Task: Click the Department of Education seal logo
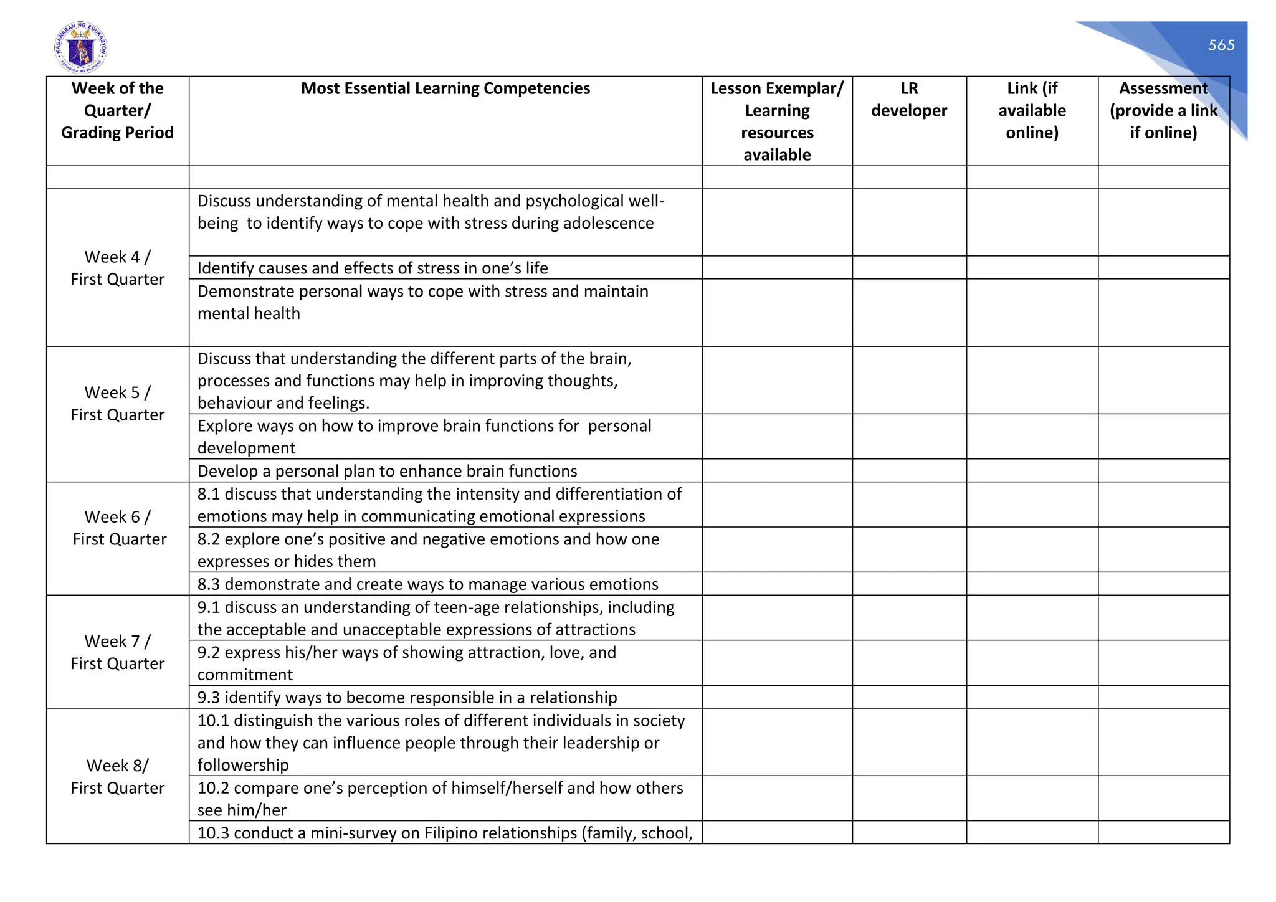80,48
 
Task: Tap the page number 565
1221,45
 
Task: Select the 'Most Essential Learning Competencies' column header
445,88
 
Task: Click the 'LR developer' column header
908,100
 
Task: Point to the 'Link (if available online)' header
1032,110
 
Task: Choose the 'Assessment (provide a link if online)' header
1163,110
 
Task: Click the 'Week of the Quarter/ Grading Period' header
117,110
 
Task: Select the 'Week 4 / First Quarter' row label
117,268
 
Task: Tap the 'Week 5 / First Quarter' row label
117,404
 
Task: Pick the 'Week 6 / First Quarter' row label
118,528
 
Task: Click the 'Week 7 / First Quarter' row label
117,652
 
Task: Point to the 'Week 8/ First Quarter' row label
117,777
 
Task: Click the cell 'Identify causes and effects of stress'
373,268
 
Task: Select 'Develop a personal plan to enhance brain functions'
387,471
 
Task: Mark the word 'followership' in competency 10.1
243,765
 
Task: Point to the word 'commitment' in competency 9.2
245,675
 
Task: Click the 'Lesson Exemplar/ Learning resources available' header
776,121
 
